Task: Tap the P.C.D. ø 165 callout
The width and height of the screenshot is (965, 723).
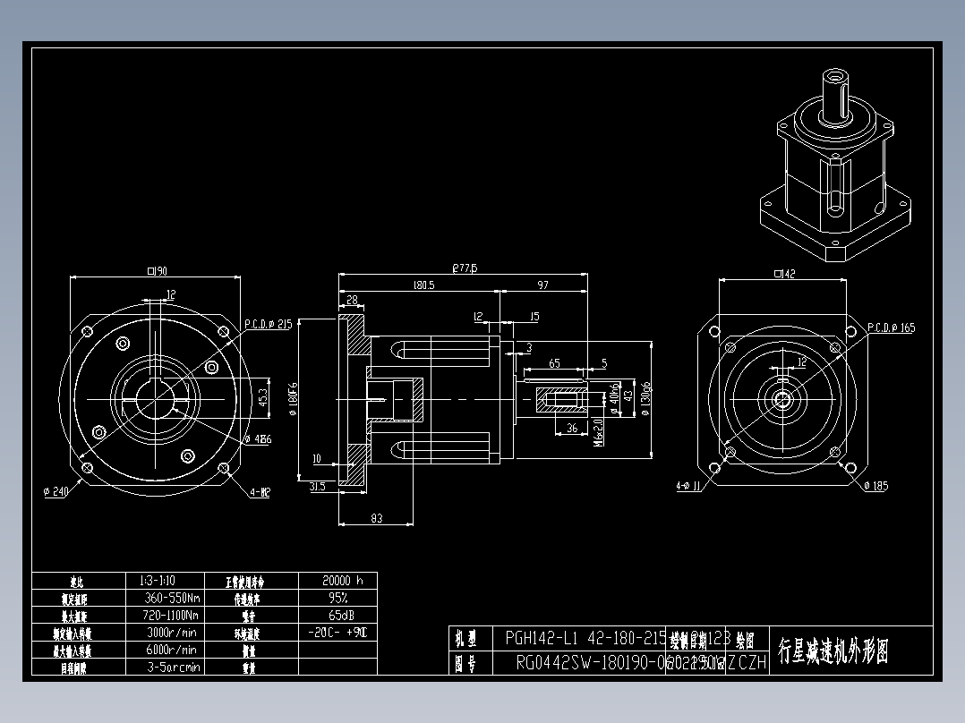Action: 892,328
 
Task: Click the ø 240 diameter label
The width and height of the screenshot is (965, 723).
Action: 56,490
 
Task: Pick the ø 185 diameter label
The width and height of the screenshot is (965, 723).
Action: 876,486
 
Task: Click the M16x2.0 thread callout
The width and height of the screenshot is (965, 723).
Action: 599,429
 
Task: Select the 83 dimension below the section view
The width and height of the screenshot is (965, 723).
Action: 376,518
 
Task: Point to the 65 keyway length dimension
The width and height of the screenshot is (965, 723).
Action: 554,363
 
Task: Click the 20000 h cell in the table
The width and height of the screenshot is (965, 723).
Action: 337,580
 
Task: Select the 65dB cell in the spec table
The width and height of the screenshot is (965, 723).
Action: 337,615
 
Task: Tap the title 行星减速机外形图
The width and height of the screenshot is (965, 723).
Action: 833,651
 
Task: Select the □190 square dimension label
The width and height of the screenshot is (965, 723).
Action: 158,271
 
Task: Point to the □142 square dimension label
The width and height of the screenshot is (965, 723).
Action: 783,274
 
